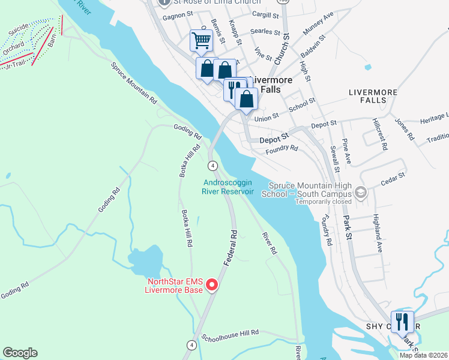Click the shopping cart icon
(x=202, y=41)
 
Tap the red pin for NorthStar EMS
(x=211, y=286)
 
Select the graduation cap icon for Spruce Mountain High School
(x=360, y=193)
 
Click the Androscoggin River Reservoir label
(x=228, y=187)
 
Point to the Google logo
(x=20, y=353)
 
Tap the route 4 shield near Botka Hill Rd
(x=212, y=165)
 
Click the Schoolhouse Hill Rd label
(x=230, y=332)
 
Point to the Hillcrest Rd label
(x=379, y=133)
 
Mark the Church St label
(x=282, y=49)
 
